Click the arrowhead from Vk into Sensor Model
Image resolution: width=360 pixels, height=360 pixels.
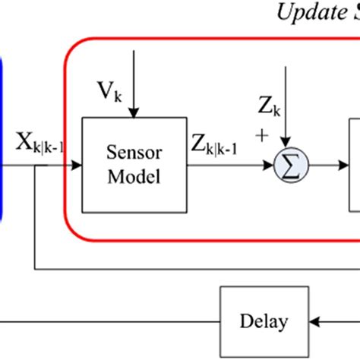(133, 113)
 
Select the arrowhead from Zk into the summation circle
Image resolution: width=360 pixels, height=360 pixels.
(286, 147)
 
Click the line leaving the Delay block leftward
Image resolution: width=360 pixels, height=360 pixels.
(114, 321)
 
